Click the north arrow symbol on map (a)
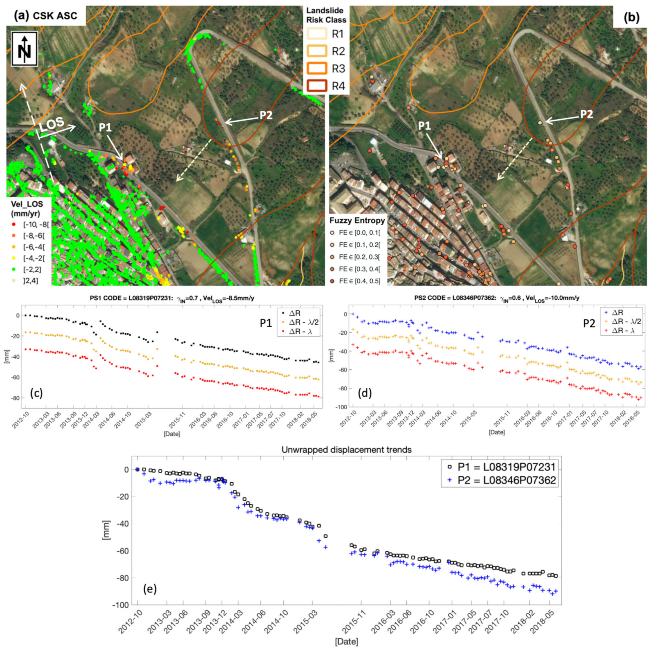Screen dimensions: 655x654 24,49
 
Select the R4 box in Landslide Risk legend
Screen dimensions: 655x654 317,86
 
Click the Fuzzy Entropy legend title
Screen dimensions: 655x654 357,221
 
